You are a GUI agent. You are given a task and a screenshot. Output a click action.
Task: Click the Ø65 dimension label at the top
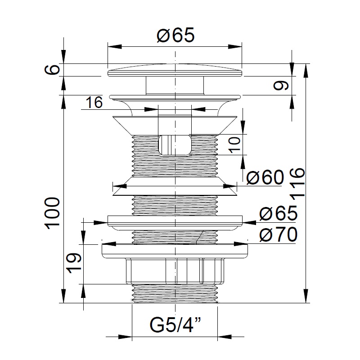coord(175,35)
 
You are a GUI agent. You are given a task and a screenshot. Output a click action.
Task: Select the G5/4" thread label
coord(175,325)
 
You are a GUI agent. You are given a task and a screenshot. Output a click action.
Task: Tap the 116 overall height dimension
coord(297,183)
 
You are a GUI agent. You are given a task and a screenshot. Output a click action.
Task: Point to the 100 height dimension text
coord(53,213)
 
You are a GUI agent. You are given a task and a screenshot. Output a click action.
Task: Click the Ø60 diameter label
coord(265,177)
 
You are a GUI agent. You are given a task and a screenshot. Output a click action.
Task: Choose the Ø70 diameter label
coord(278,234)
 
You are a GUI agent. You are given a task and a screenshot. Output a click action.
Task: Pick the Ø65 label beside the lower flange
coord(278,213)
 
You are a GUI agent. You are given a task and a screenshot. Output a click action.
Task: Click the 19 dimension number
coord(74,263)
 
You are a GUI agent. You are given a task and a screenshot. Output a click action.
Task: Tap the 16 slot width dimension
coord(94,103)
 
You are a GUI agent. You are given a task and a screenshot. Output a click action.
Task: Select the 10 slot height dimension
coord(234,144)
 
